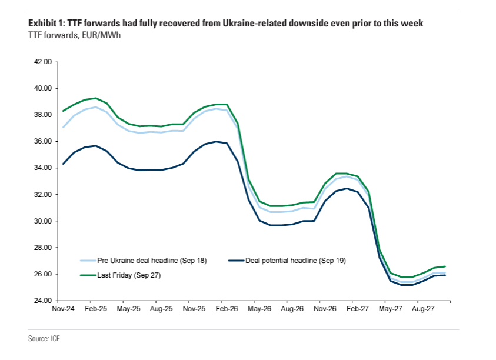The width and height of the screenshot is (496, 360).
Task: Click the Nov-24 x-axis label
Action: click(x=62, y=308)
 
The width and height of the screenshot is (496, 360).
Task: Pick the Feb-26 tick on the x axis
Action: click(x=227, y=308)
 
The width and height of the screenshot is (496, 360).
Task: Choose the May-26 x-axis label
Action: click(x=259, y=308)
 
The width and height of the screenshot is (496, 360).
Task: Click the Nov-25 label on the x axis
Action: click(x=194, y=308)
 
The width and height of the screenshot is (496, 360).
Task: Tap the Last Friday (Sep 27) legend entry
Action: click(x=131, y=275)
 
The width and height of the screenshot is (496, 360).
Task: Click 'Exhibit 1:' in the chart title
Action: click(x=46, y=24)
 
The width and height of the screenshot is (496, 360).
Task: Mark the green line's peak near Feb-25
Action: click(x=96, y=98)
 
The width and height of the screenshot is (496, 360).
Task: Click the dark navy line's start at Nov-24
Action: click(x=62, y=164)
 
